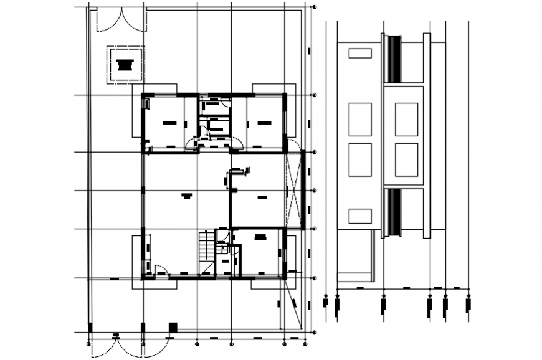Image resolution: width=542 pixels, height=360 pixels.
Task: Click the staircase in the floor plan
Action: click(206, 247)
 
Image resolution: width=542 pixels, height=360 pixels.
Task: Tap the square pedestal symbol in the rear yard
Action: click(125, 64)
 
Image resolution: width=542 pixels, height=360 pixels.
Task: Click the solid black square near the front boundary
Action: click(173, 326)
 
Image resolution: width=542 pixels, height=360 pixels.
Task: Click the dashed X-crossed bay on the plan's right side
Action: click(293, 190)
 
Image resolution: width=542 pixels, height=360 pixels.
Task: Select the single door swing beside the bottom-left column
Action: click(161, 270)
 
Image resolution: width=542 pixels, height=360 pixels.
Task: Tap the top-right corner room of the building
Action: click(264, 123)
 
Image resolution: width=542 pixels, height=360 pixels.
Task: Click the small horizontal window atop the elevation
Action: click(360, 53)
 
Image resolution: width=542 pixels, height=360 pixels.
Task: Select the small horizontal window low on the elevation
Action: click(360, 216)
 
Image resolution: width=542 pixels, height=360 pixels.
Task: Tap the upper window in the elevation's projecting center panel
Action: click(406, 119)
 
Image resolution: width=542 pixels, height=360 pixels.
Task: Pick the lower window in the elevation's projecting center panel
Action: click(406, 159)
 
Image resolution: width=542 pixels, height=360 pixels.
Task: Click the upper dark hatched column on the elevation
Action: click(393, 59)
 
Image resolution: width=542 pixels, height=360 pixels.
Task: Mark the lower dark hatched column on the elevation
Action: click(393, 212)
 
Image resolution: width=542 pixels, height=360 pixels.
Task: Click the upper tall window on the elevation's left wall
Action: click(360, 119)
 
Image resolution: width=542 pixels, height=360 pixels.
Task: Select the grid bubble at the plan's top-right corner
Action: click(314, 7)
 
